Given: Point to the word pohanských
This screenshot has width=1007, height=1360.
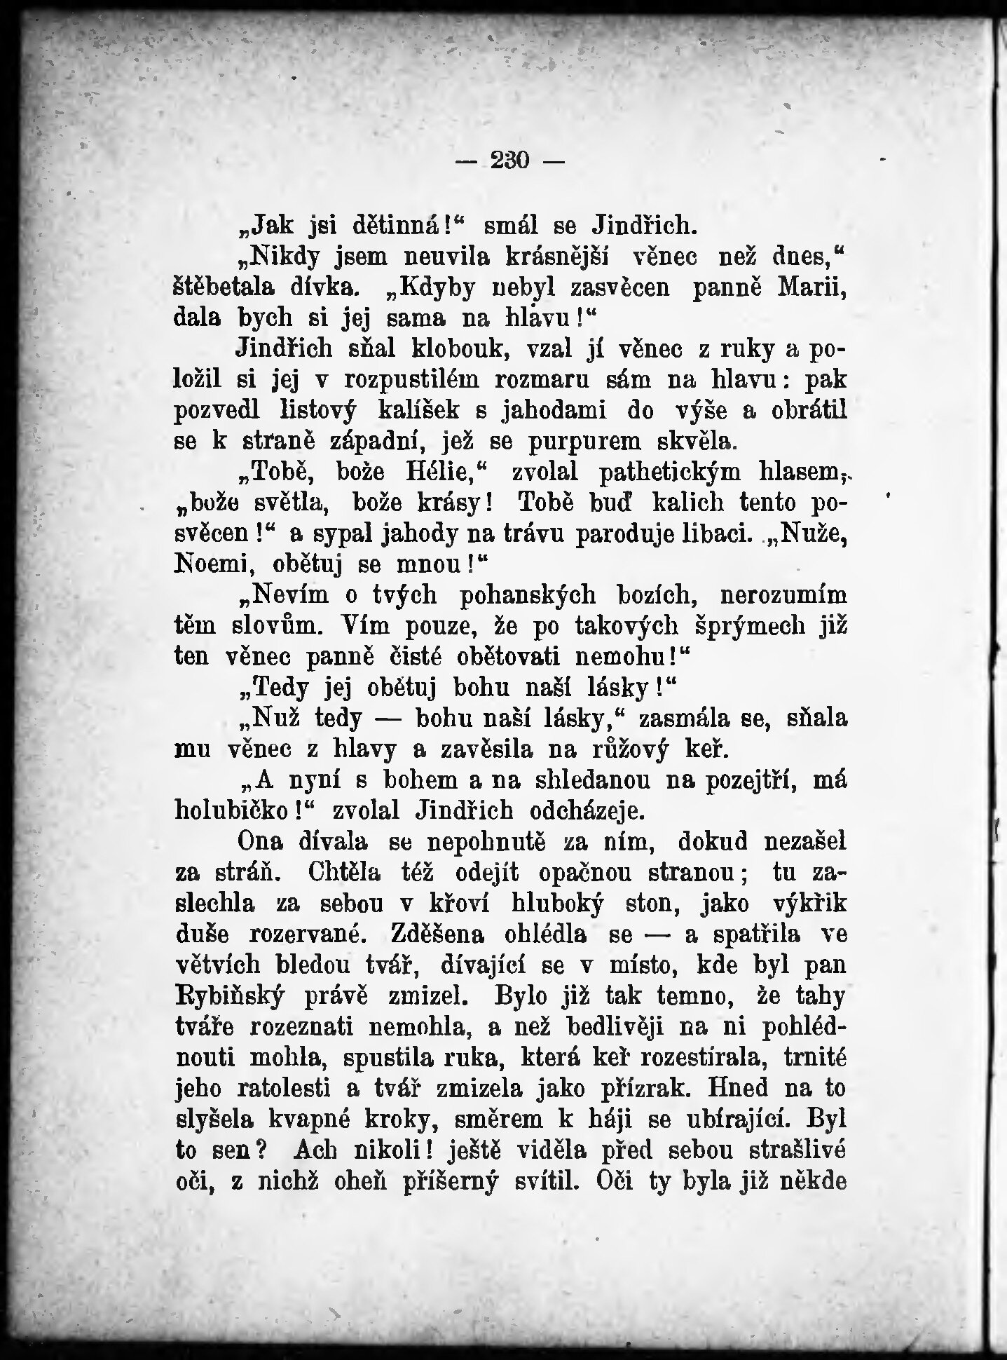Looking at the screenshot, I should (528, 594).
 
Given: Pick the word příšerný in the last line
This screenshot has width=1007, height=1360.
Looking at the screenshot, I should (449, 1181).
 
